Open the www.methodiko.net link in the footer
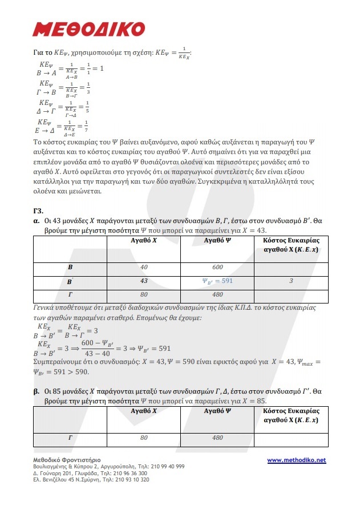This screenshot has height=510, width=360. (x=296, y=460)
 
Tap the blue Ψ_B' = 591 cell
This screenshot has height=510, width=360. (x=217, y=281)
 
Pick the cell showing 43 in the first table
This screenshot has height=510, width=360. (x=144, y=281)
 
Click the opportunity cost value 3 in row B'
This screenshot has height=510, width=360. (x=291, y=281)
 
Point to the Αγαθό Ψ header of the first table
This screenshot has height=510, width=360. (x=217, y=241)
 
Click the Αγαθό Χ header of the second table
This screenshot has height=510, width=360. (x=144, y=411)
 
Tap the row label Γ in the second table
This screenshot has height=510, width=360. (x=70, y=438)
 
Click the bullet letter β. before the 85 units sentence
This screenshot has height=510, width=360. (x=36, y=392)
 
